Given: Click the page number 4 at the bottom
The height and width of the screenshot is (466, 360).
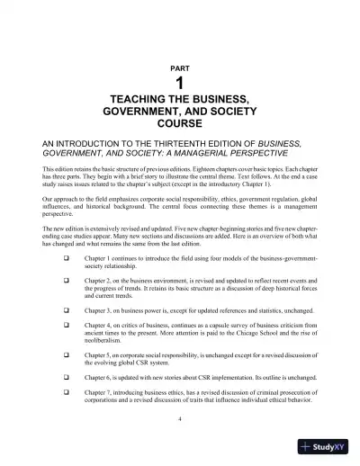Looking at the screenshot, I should (x=180, y=420).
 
